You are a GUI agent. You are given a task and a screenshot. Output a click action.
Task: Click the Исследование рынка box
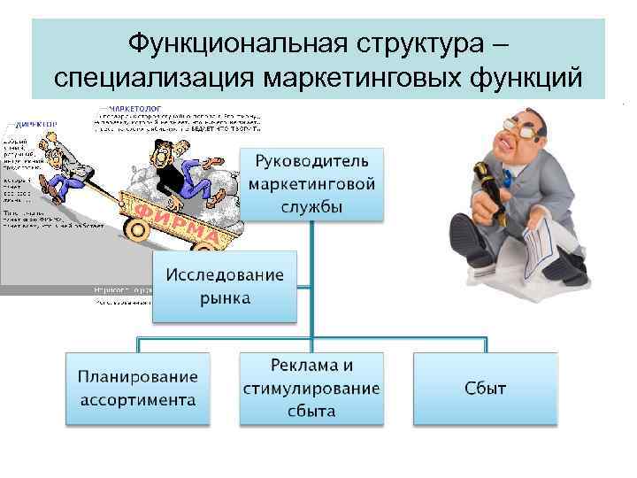(225, 286)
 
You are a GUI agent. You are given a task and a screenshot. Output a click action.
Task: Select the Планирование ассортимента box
(139, 388)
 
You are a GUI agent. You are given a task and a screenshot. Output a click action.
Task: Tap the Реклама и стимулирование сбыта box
(311, 388)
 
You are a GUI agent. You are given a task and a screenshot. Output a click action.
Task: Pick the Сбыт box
(485, 388)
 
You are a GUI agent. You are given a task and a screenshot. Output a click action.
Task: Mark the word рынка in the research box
(225, 298)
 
